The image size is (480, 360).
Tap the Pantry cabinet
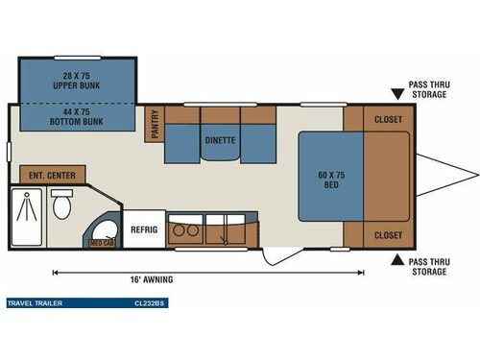(155, 124)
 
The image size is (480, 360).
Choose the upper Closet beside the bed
(388, 119)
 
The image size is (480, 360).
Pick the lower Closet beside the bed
(388, 234)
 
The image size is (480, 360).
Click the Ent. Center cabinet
(52, 175)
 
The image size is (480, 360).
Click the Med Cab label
(103, 243)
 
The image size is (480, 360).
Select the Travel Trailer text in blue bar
(36, 302)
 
